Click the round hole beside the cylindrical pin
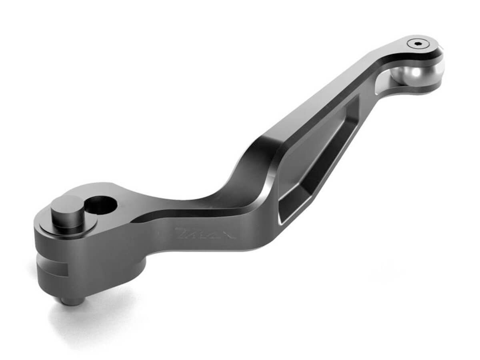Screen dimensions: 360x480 point(101,204)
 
